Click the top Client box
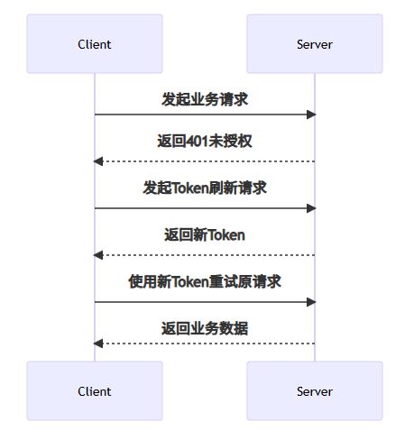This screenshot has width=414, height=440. pos(95,43)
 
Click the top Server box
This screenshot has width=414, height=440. pos(315,43)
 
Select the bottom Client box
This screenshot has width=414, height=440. pos(95,390)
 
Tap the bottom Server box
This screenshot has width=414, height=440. pos(315,390)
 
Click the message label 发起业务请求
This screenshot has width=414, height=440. pos(205,99)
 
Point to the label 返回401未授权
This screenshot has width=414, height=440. pos(205,141)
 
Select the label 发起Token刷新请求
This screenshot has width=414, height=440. pos(205,188)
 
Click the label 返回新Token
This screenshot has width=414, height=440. pos(205,234)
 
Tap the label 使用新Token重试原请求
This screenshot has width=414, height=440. pos(205,281)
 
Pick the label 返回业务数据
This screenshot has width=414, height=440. pos(205,328)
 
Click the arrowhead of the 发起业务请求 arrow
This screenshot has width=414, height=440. pos(311,115)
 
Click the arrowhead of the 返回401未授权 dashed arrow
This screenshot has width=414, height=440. pos(98,161)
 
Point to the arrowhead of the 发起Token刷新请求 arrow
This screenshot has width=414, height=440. pos(311,208)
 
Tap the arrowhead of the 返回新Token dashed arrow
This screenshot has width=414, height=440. pos(98,255)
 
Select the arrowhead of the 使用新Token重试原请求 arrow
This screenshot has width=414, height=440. pos(311,302)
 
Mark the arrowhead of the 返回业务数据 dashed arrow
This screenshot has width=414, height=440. pos(98,344)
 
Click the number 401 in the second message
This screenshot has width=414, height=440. pos(197,141)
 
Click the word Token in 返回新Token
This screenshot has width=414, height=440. pos(226,235)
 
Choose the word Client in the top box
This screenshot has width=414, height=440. pos(95,44)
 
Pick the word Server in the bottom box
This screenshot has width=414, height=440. pos(315,391)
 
